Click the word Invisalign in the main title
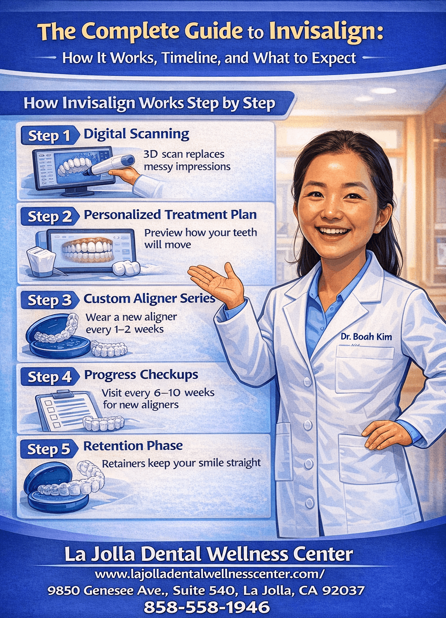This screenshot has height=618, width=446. tap(326, 31)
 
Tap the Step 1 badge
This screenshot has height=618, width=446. tap(49, 136)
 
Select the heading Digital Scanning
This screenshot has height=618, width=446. tap(136, 134)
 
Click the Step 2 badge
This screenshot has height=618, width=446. tap(50, 216)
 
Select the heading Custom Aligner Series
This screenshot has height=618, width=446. tap(149, 299)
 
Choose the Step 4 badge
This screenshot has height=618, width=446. tap(49, 377)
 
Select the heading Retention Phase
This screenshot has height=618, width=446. tap(133, 446)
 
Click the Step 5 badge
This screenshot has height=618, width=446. tap(49, 449)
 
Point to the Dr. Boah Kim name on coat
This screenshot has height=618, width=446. tap(366, 337)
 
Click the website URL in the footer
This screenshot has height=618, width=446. tap(209, 574)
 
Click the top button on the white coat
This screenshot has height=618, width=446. tap(307, 382)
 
